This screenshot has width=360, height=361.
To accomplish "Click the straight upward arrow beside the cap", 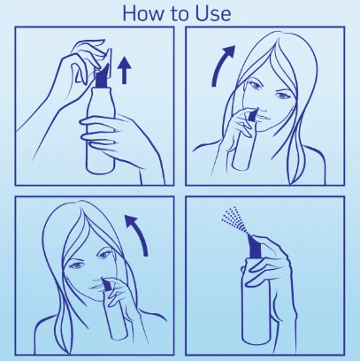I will coord(125,69).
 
